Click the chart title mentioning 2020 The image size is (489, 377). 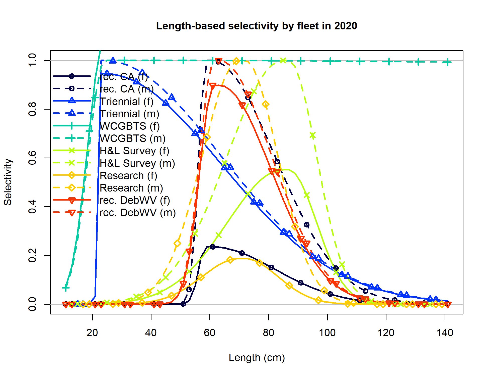tap(256, 26)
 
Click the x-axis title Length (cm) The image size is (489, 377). tap(257, 358)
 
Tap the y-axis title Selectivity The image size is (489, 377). tap(8, 182)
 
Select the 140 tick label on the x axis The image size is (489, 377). tap(445, 333)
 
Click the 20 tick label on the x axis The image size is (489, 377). tap(92, 333)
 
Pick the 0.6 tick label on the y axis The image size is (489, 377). tap(32, 158)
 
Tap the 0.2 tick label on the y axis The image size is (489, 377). tap(32, 255)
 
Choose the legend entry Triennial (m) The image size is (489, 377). tap(129, 114)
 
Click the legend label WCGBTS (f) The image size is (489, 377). tap(130, 126)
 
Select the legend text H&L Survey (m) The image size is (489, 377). tap(137, 163)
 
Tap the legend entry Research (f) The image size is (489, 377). tap(128, 176)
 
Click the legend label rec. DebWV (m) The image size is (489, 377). tap(137, 213)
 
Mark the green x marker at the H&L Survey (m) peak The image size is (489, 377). tap(283, 60)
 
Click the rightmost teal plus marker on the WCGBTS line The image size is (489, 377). tap(448, 62)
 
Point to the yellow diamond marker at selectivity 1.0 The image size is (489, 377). tap(236, 61)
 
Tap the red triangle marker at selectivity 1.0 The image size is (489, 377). tap(219, 61)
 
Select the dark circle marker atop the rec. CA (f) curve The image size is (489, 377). tap(213, 247)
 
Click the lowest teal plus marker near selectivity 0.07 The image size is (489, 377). tap(66, 288)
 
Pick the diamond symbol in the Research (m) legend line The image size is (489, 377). tap(72, 188)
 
